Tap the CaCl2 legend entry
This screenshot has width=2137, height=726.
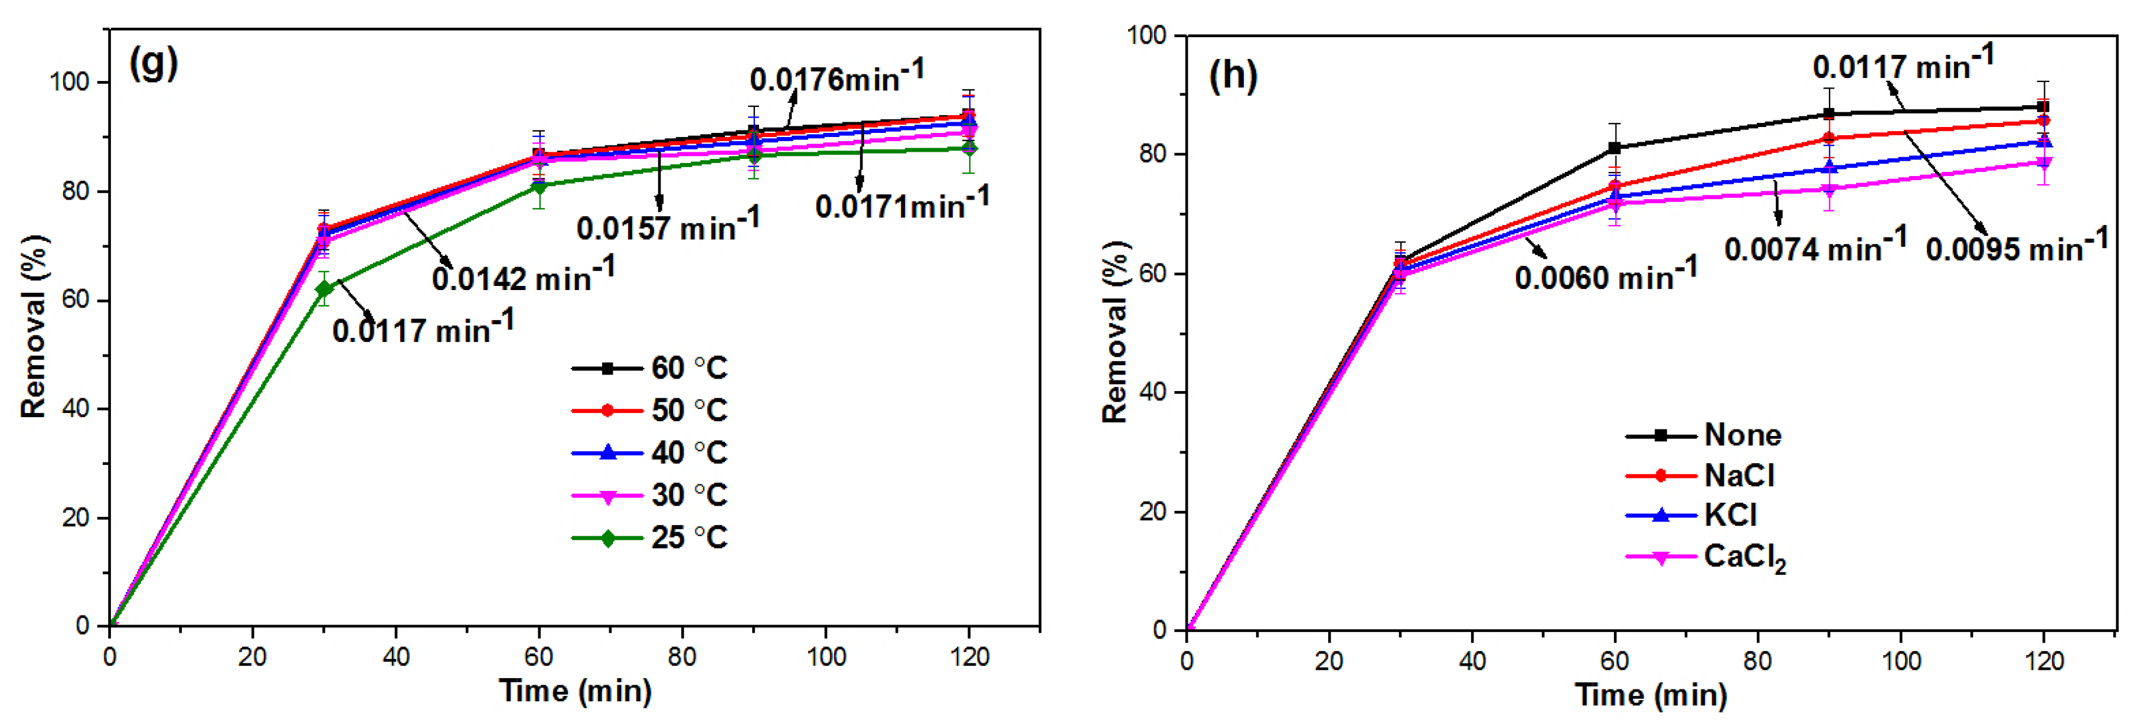1744,558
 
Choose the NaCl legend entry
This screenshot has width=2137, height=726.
1739,476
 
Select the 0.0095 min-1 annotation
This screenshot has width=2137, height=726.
2017,246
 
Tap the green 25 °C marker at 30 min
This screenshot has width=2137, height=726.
324,289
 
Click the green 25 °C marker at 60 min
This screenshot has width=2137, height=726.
539,187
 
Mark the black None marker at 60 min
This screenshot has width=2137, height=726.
1615,148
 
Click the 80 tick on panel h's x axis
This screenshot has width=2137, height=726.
1757,661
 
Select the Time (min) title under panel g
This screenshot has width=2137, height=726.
575,691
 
